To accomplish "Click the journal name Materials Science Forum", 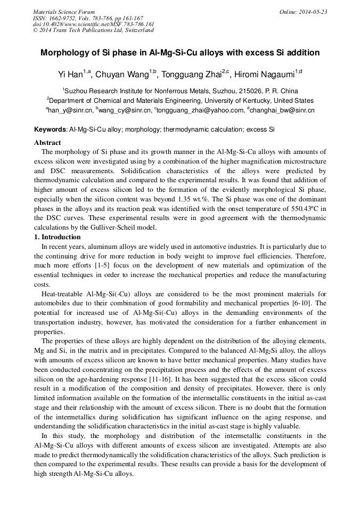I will click(x=64, y=12).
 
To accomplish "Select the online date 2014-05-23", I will click(x=313, y=12).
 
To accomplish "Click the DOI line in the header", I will click(x=93, y=24).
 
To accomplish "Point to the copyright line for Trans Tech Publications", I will click(x=93, y=30).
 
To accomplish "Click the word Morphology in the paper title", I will click(x=65, y=53).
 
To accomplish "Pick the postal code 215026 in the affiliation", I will click(x=247, y=91).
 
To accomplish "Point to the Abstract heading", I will click(x=47, y=143).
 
